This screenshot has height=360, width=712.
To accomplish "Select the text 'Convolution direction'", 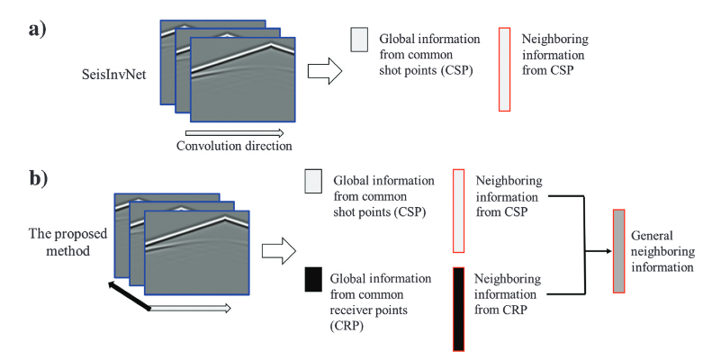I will point(233,146).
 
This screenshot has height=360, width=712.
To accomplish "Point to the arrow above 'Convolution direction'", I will point(233,131).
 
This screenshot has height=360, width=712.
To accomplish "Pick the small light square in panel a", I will point(357,39).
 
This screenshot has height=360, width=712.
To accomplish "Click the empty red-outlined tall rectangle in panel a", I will point(505,71).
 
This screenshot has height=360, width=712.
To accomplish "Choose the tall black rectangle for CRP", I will point(459,309).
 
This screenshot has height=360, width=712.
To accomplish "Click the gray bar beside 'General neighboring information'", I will point(618,250).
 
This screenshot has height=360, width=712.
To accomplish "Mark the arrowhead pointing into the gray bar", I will point(605,251).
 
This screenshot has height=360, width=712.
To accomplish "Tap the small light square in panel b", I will point(312,181).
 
